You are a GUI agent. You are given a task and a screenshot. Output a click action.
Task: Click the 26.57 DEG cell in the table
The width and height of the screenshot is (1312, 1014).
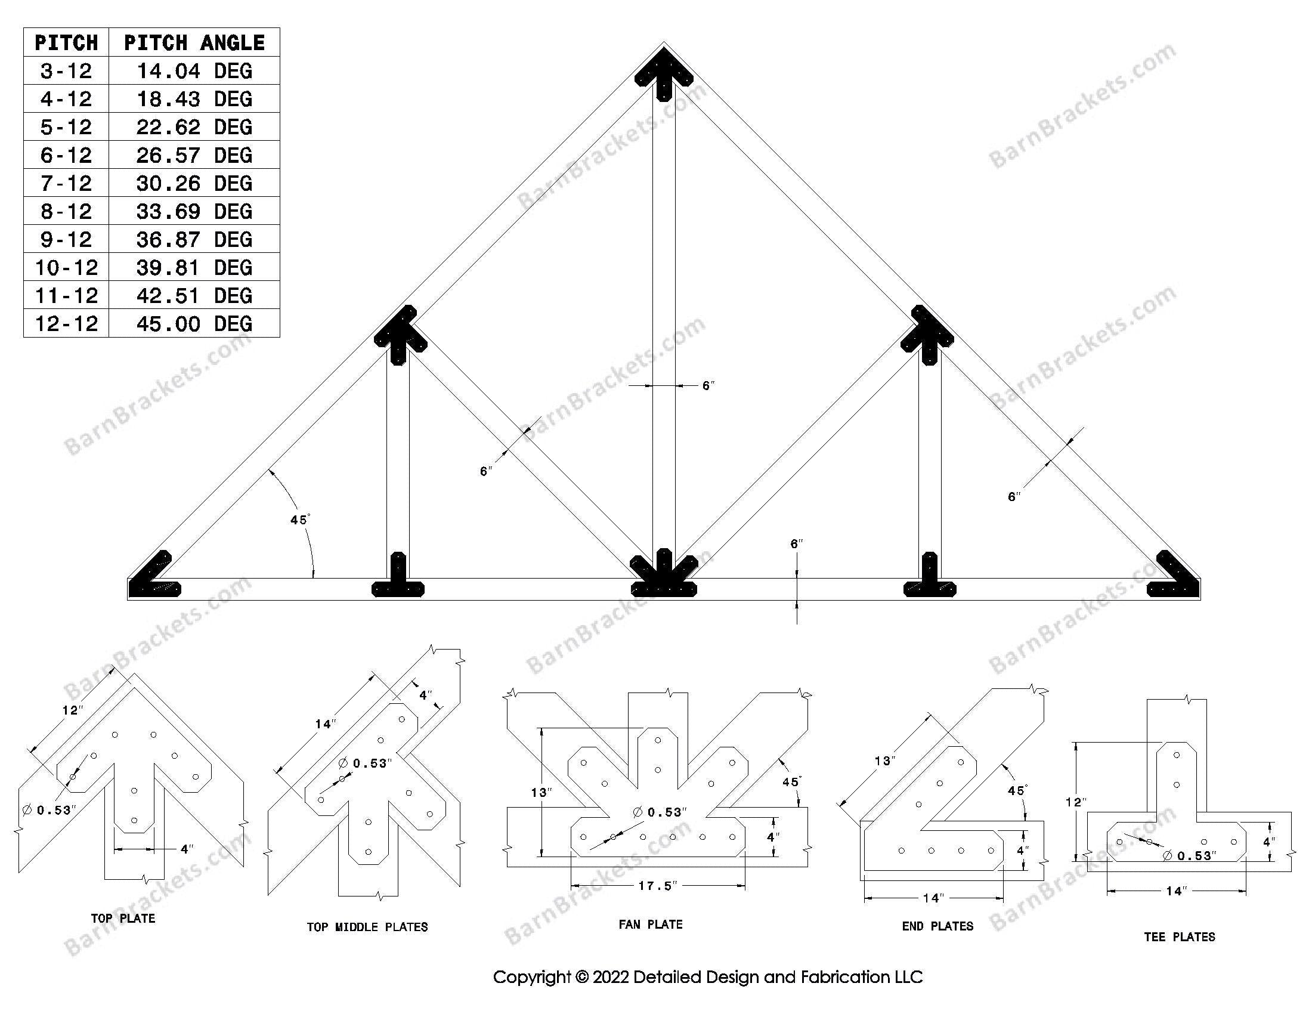(x=193, y=155)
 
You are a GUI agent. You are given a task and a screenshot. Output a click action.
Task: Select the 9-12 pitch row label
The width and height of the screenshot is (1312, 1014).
(x=66, y=239)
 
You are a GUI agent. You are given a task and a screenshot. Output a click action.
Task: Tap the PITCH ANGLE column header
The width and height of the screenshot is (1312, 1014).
(x=193, y=43)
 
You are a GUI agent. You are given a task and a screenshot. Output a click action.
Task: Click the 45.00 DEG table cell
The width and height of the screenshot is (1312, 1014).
(x=193, y=324)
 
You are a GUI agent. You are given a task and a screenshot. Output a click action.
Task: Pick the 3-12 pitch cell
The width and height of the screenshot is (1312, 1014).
(x=66, y=71)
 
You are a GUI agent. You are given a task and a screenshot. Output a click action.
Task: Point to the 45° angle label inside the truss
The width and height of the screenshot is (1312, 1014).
(x=300, y=520)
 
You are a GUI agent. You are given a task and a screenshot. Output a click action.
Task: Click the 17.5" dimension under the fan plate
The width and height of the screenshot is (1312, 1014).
(x=657, y=886)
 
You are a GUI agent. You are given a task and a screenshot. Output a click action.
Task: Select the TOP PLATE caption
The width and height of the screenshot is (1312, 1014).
(x=123, y=919)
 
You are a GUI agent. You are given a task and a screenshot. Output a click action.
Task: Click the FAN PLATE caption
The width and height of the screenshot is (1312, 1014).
(x=651, y=925)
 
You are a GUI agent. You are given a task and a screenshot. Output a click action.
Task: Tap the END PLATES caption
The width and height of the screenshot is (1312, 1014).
(x=937, y=926)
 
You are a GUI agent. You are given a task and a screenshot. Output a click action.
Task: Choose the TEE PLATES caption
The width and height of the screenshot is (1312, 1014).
(x=1179, y=936)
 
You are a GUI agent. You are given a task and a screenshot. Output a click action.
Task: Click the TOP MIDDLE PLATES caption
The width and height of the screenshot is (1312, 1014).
(x=367, y=927)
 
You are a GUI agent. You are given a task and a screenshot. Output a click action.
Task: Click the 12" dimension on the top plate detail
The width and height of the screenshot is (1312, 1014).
(x=72, y=710)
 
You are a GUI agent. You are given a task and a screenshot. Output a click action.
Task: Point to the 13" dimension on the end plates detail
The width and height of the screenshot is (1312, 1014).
(x=884, y=762)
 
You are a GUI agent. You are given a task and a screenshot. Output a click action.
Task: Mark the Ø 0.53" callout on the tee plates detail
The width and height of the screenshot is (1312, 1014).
(x=1190, y=855)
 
